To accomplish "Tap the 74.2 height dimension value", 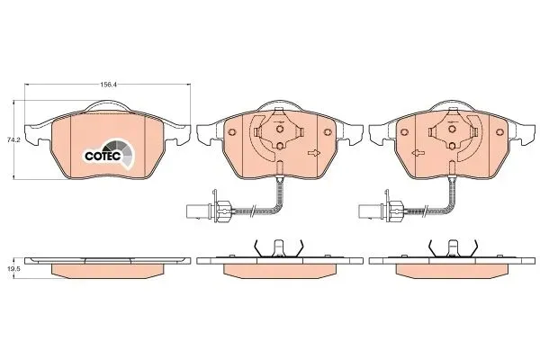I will coord(13,139).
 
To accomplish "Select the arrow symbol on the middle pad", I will coord(313,154).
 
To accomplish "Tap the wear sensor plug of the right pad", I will coord(366,211).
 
